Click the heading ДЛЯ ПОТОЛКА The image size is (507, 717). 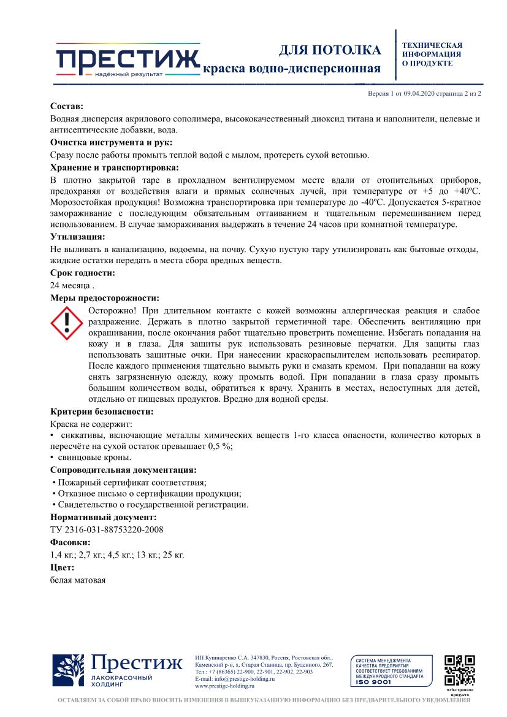click(x=330, y=50)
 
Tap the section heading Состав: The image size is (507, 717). click(x=67, y=107)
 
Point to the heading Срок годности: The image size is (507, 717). click(x=82, y=273)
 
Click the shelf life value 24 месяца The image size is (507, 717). click(x=71, y=285)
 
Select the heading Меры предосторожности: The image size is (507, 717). click(x=104, y=298)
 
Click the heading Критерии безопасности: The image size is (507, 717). click(x=102, y=412)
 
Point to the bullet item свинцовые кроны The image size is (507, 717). click(x=93, y=458)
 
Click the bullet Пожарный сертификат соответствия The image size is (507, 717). click(x=130, y=483)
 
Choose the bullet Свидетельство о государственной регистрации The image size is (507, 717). click(x=151, y=505)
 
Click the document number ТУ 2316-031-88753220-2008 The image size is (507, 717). click(x=106, y=530)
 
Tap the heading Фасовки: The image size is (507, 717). click(x=70, y=543)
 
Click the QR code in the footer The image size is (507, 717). click(x=459, y=670)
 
